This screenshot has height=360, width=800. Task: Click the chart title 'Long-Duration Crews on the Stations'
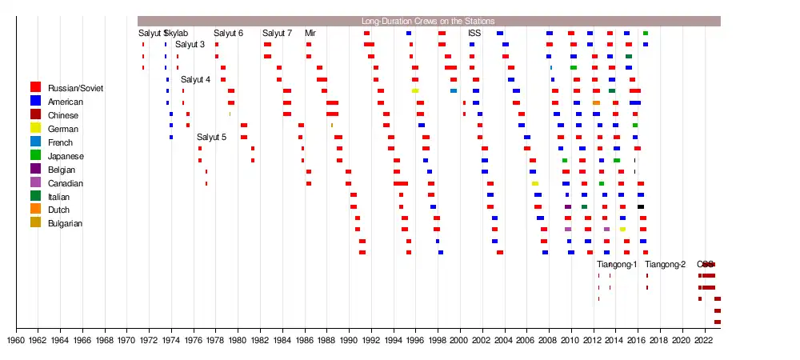click(x=427, y=21)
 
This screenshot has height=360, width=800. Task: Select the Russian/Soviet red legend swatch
click(x=36, y=87)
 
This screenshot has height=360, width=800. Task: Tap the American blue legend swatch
click(x=36, y=101)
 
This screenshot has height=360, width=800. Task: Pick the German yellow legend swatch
click(x=36, y=128)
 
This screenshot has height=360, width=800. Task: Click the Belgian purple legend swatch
click(x=36, y=169)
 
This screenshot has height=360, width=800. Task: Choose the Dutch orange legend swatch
click(x=36, y=210)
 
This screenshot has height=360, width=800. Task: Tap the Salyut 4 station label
click(x=195, y=79)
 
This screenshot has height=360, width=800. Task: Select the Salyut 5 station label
click(x=211, y=137)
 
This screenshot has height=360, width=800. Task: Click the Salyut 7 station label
click(x=277, y=33)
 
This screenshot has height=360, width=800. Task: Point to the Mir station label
click(x=310, y=33)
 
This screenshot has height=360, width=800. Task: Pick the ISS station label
click(x=474, y=33)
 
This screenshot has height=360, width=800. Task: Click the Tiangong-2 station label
click(x=665, y=265)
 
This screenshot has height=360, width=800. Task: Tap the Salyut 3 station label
click(x=190, y=44)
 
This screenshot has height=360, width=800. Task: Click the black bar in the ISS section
click(x=640, y=206)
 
